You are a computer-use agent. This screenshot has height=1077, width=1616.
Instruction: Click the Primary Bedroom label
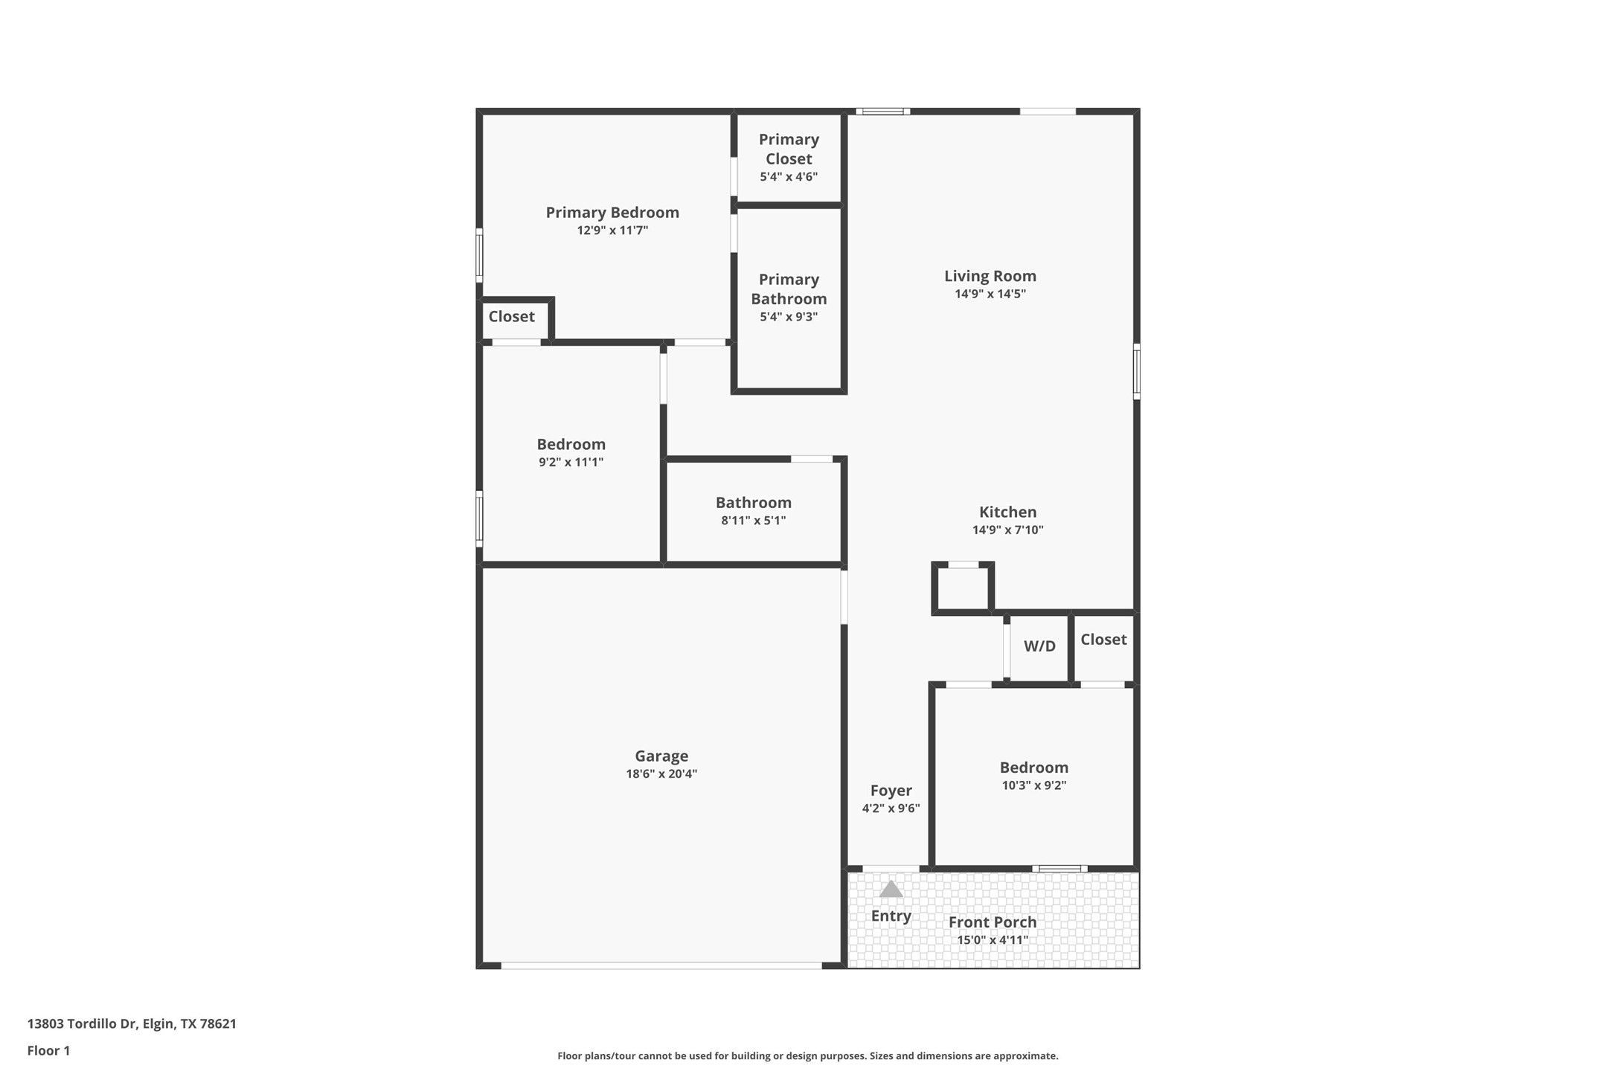612,213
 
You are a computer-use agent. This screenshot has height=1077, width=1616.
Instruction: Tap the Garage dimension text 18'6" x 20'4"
661,774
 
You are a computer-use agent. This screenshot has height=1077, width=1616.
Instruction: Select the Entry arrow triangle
891,889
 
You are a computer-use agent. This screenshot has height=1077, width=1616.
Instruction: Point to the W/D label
1039,646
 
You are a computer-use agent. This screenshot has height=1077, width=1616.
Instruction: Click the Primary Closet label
789,149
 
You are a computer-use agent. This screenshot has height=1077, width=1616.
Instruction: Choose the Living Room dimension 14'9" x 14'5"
990,294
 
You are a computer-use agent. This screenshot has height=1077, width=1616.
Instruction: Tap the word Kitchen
1007,512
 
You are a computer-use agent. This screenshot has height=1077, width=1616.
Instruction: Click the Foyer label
891,791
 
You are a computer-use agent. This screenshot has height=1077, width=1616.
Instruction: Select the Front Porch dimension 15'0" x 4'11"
993,940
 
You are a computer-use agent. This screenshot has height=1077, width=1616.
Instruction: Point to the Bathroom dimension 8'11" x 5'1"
753,521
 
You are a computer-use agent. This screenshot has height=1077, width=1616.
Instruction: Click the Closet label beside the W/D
1103,640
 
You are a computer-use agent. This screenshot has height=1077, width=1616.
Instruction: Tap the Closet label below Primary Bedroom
511,317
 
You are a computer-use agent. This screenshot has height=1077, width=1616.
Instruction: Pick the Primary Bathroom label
789,289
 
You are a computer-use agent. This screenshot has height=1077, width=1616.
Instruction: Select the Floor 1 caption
48,1050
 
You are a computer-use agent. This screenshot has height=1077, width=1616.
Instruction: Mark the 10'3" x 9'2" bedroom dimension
1033,785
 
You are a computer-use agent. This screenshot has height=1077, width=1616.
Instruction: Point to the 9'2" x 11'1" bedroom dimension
571,463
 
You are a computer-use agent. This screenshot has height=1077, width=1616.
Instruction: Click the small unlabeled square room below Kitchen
962,589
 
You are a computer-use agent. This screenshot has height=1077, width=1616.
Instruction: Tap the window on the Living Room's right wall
1136,371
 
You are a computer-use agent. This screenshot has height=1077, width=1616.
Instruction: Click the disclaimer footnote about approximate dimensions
807,1055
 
